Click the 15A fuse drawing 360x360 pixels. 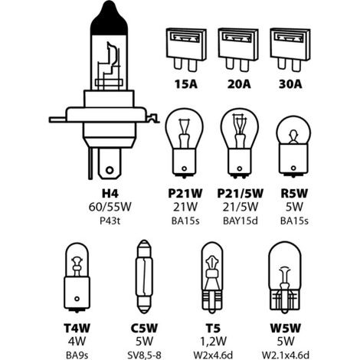(186, 50)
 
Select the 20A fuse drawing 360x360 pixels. (238, 50)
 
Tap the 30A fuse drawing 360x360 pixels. (290, 50)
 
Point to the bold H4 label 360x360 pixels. (110, 194)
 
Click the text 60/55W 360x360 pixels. (110, 207)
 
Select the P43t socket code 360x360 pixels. (110, 221)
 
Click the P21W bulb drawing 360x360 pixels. (184, 143)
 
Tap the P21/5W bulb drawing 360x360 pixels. (240, 143)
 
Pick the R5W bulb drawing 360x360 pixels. (293, 146)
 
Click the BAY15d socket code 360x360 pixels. (241, 221)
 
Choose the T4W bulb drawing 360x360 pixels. (77, 277)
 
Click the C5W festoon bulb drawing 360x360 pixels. (144, 277)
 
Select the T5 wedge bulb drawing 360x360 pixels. (212, 277)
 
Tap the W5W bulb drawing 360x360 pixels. (285, 277)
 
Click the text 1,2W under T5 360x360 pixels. (213, 342)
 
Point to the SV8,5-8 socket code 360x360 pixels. (144, 355)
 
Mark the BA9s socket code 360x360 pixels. (77, 355)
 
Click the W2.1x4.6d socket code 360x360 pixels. (286, 355)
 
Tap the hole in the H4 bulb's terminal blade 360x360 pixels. (110, 170)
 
